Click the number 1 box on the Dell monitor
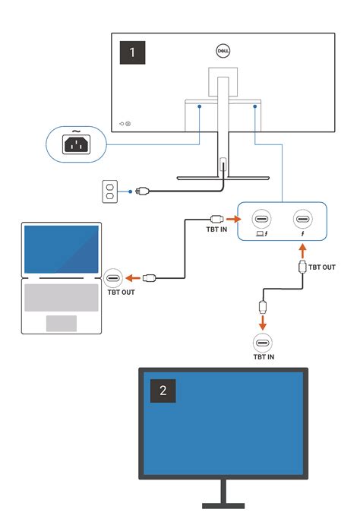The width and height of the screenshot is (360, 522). [134, 52]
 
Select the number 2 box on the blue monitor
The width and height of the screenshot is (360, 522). [162, 391]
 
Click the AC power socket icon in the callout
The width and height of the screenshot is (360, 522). [75, 141]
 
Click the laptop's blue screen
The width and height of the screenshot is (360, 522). [62, 249]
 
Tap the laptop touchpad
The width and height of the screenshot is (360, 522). [62, 323]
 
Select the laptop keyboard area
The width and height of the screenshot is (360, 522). [62, 296]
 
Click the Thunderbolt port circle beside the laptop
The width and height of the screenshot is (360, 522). [115, 277]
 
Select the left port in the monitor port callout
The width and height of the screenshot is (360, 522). [261, 220]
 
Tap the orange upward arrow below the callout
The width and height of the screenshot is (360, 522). [303, 249]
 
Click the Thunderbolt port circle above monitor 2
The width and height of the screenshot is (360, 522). [263, 341]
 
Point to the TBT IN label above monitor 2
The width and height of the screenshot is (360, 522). [263, 356]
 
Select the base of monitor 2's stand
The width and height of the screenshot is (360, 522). [223, 505]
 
